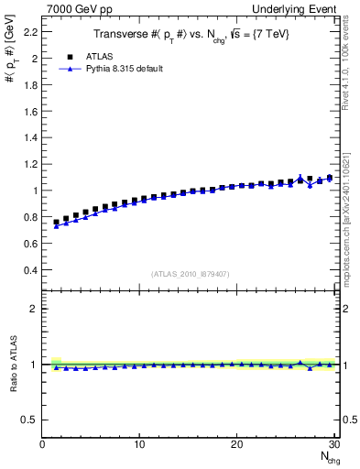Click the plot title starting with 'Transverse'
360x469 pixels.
tap(191, 34)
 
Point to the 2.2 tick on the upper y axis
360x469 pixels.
tap(31, 31)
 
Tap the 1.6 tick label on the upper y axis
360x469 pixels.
tap(31, 111)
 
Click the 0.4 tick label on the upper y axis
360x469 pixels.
tap(31, 271)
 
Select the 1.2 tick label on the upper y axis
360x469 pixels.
tap(31, 164)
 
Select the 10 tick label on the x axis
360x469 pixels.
tap(139, 444)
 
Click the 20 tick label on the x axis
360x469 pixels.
tap(236, 444)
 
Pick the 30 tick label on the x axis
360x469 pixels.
tap(333, 444)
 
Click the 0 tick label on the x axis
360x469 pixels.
tap(42, 444)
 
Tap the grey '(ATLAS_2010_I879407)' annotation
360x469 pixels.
tap(191, 274)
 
